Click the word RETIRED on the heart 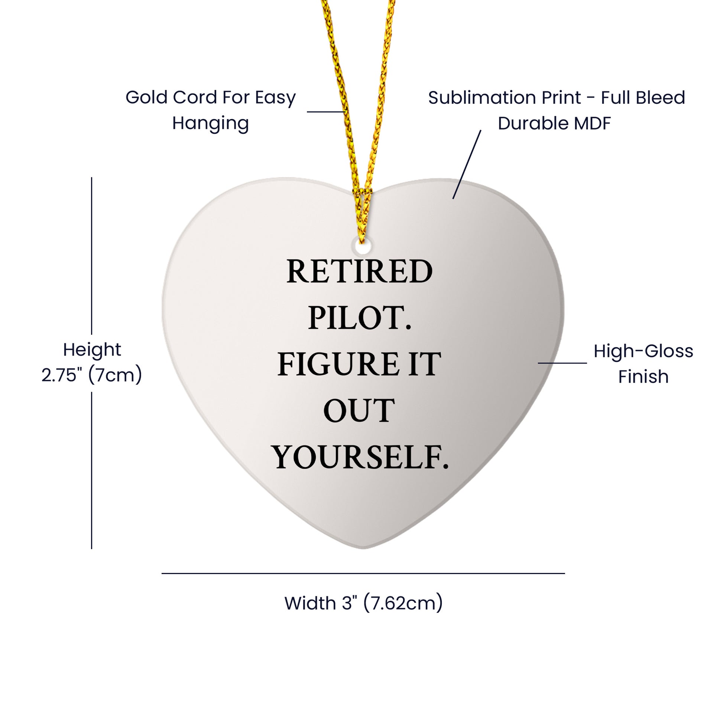pyautogui.click(x=359, y=271)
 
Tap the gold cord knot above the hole pyautogui.click(x=361, y=195)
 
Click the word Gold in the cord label pyautogui.click(x=147, y=97)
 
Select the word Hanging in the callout pyautogui.click(x=210, y=123)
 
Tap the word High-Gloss pyautogui.click(x=643, y=351)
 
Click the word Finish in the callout pyautogui.click(x=643, y=376)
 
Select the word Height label pyautogui.click(x=92, y=350)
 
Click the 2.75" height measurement pyautogui.click(x=61, y=375)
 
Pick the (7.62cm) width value pyautogui.click(x=403, y=603)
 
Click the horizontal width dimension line pyautogui.click(x=363, y=573)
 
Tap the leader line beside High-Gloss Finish pyautogui.click(x=562, y=363)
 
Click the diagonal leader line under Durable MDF pyautogui.click(x=467, y=165)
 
